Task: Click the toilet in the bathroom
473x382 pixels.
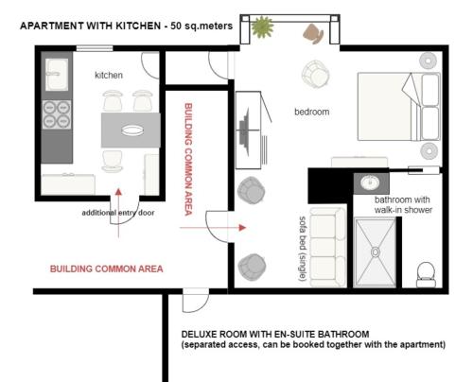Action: click(426, 274)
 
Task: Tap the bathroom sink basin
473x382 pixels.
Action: click(370, 182)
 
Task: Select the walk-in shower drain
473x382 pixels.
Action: click(376, 252)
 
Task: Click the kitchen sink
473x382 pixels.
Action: click(57, 75)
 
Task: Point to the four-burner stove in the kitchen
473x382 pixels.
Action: click(57, 114)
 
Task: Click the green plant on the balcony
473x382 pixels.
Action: click(262, 26)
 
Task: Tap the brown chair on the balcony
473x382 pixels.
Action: click(313, 33)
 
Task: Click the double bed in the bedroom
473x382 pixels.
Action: click(399, 107)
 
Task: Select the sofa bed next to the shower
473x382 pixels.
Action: click(327, 247)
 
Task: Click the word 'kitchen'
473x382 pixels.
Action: click(109, 75)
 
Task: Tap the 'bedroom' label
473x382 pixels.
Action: click(312, 112)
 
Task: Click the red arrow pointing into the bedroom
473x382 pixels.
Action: click(213, 227)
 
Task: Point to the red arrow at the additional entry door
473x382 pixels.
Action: click(118, 213)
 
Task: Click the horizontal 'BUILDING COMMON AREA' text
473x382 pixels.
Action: click(107, 269)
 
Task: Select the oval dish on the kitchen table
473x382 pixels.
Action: click(132, 130)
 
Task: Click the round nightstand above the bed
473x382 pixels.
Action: click(429, 61)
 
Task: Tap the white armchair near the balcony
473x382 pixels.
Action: click(315, 75)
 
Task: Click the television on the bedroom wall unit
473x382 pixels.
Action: click(244, 131)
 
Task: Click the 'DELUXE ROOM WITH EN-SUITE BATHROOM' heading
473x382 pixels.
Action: click(275, 334)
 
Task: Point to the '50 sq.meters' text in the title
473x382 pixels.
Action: click(201, 26)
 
